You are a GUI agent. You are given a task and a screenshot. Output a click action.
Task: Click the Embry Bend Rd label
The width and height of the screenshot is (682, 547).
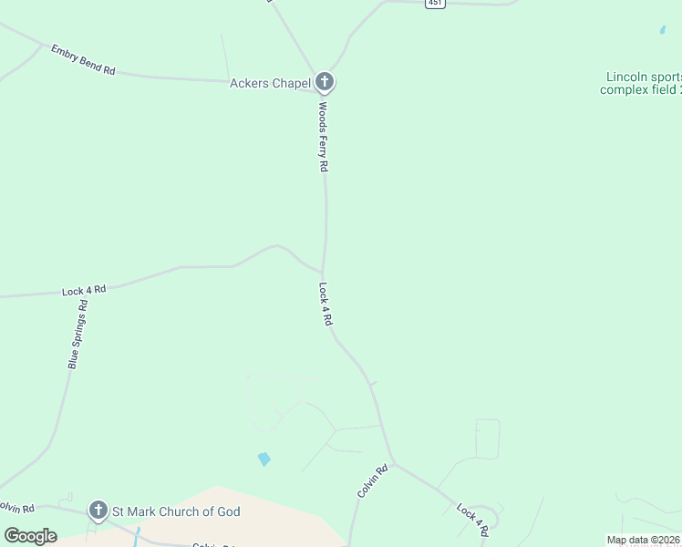click(83, 59)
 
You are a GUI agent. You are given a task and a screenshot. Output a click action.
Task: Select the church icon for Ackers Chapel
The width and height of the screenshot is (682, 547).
click(325, 82)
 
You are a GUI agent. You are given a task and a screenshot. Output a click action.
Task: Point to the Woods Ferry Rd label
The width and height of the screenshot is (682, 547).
click(323, 137)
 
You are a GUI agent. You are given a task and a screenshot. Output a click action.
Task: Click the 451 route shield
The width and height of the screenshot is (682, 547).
click(436, 4)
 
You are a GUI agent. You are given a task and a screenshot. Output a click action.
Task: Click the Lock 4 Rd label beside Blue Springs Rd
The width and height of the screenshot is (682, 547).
click(84, 291)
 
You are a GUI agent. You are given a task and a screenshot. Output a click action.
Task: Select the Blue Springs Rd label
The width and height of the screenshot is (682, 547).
click(77, 335)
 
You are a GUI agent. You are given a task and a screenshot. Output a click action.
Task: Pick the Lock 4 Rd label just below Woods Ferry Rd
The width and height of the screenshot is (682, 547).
click(325, 304)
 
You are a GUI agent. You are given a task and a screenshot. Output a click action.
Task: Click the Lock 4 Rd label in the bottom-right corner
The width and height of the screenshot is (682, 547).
click(473, 519)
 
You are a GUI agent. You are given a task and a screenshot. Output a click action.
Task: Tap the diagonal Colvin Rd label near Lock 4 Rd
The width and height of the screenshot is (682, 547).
click(373, 480)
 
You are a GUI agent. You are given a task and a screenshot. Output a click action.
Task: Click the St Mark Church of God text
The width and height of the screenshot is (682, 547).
click(176, 511)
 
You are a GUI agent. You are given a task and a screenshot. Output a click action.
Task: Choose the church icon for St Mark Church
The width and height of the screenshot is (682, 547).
click(98, 511)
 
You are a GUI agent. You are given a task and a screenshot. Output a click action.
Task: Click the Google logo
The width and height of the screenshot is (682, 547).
click(30, 535)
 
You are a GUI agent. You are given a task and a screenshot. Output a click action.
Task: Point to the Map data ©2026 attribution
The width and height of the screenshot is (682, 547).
click(643, 540)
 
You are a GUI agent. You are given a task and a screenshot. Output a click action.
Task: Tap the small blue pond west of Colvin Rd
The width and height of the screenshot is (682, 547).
click(264, 459)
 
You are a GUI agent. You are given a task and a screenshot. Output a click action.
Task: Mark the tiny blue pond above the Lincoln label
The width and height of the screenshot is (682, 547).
click(662, 29)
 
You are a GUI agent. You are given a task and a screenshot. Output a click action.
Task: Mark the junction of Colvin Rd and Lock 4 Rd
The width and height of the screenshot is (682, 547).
click(393, 461)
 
